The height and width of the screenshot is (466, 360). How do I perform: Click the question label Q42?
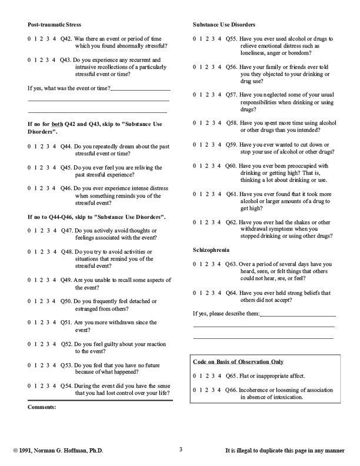click(x=66, y=38)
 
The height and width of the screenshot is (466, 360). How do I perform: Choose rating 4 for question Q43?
click(x=54, y=60)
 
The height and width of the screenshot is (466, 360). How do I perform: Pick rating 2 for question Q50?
click(x=42, y=301)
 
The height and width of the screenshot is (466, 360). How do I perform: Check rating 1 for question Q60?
click(x=201, y=166)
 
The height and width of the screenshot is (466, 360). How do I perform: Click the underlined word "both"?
click(x=58, y=124)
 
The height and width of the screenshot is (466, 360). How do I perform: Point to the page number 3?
click(x=181, y=450)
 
